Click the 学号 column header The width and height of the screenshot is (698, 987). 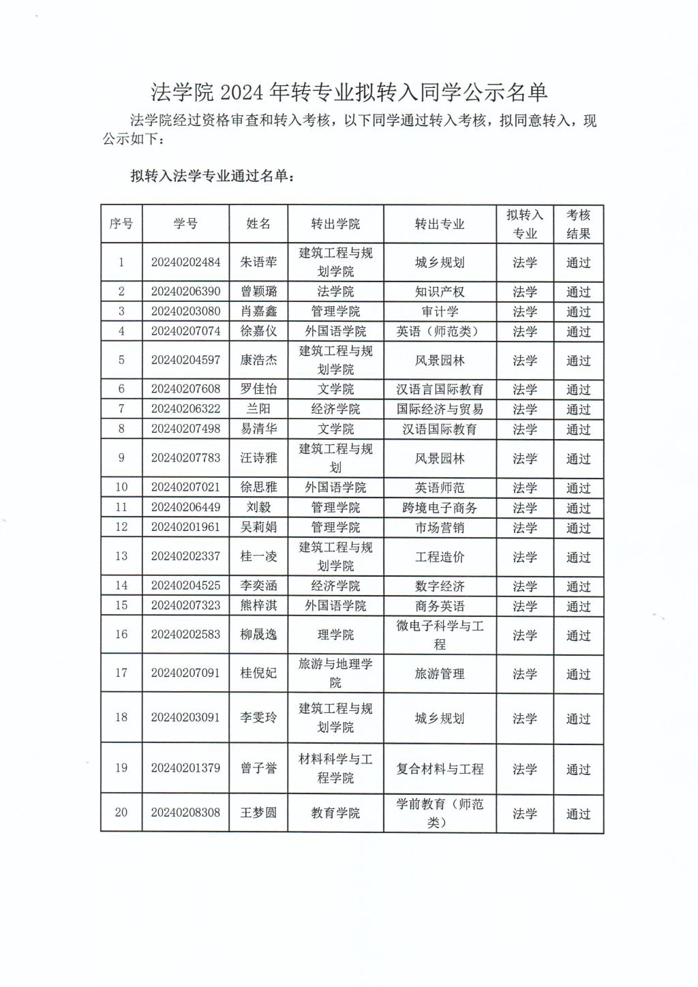(185, 224)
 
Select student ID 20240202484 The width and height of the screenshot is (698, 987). (185, 262)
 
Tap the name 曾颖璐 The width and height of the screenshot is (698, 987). (258, 292)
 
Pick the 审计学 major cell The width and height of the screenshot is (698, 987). (440, 312)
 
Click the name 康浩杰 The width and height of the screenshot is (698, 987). (258, 360)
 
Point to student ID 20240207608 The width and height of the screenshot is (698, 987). (185, 389)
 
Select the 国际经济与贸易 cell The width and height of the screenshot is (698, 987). (440, 409)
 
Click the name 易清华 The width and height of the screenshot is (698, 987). (258, 429)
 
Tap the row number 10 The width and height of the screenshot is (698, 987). (121, 487)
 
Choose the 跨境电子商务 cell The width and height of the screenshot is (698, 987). (440, 508)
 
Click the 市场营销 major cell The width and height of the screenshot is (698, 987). (440, 528)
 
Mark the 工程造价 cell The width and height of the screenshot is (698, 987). (440, 557)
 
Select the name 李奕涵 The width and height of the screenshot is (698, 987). (258, 586)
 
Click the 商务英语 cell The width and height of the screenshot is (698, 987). (440, 606)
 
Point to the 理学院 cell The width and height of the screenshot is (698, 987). (335, 635)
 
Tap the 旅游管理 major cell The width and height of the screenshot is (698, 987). (440, 673)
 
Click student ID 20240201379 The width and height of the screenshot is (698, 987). (185, 768)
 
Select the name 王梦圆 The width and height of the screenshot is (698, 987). (258, 813)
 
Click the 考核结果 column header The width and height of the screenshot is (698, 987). (578, 224)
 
